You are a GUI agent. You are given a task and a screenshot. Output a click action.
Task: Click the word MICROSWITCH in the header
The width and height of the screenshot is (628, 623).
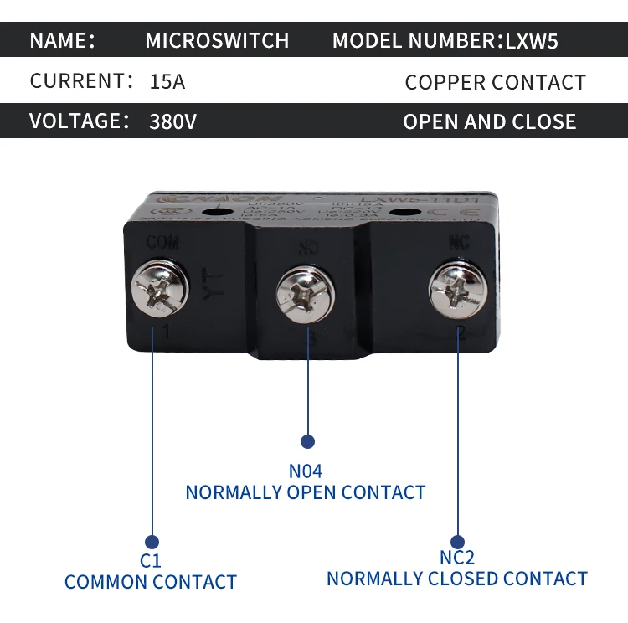[217, 40]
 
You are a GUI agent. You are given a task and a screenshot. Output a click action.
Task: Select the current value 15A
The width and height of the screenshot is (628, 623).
[167, 81]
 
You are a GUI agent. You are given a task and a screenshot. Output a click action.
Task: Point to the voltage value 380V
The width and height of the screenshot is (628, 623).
[172, 121]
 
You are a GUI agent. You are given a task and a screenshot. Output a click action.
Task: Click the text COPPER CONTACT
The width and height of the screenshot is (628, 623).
[495, 82]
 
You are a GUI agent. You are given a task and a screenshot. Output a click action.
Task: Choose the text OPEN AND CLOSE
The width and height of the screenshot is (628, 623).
[489, 121]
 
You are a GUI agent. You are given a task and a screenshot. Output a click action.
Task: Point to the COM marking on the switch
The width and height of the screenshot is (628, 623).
[162, 243]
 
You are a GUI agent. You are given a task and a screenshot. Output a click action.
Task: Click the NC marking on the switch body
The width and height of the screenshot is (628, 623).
[458, 242]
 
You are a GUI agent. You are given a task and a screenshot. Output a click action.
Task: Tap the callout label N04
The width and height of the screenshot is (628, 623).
[305, 471]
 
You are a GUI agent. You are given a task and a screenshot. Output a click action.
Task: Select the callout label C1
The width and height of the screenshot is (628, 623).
[151, 561]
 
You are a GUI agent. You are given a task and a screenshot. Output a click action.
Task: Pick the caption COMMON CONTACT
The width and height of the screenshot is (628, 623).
[151, 582]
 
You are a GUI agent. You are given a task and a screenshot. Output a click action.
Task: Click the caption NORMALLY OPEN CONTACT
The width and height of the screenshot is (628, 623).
[306, 492]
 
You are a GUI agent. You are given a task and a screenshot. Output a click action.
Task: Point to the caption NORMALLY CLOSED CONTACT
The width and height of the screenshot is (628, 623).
[457, 579]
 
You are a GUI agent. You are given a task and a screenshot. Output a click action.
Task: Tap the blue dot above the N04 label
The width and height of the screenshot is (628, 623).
[307, 441]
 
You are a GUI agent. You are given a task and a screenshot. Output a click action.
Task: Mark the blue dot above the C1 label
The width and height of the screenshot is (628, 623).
[152, 542]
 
